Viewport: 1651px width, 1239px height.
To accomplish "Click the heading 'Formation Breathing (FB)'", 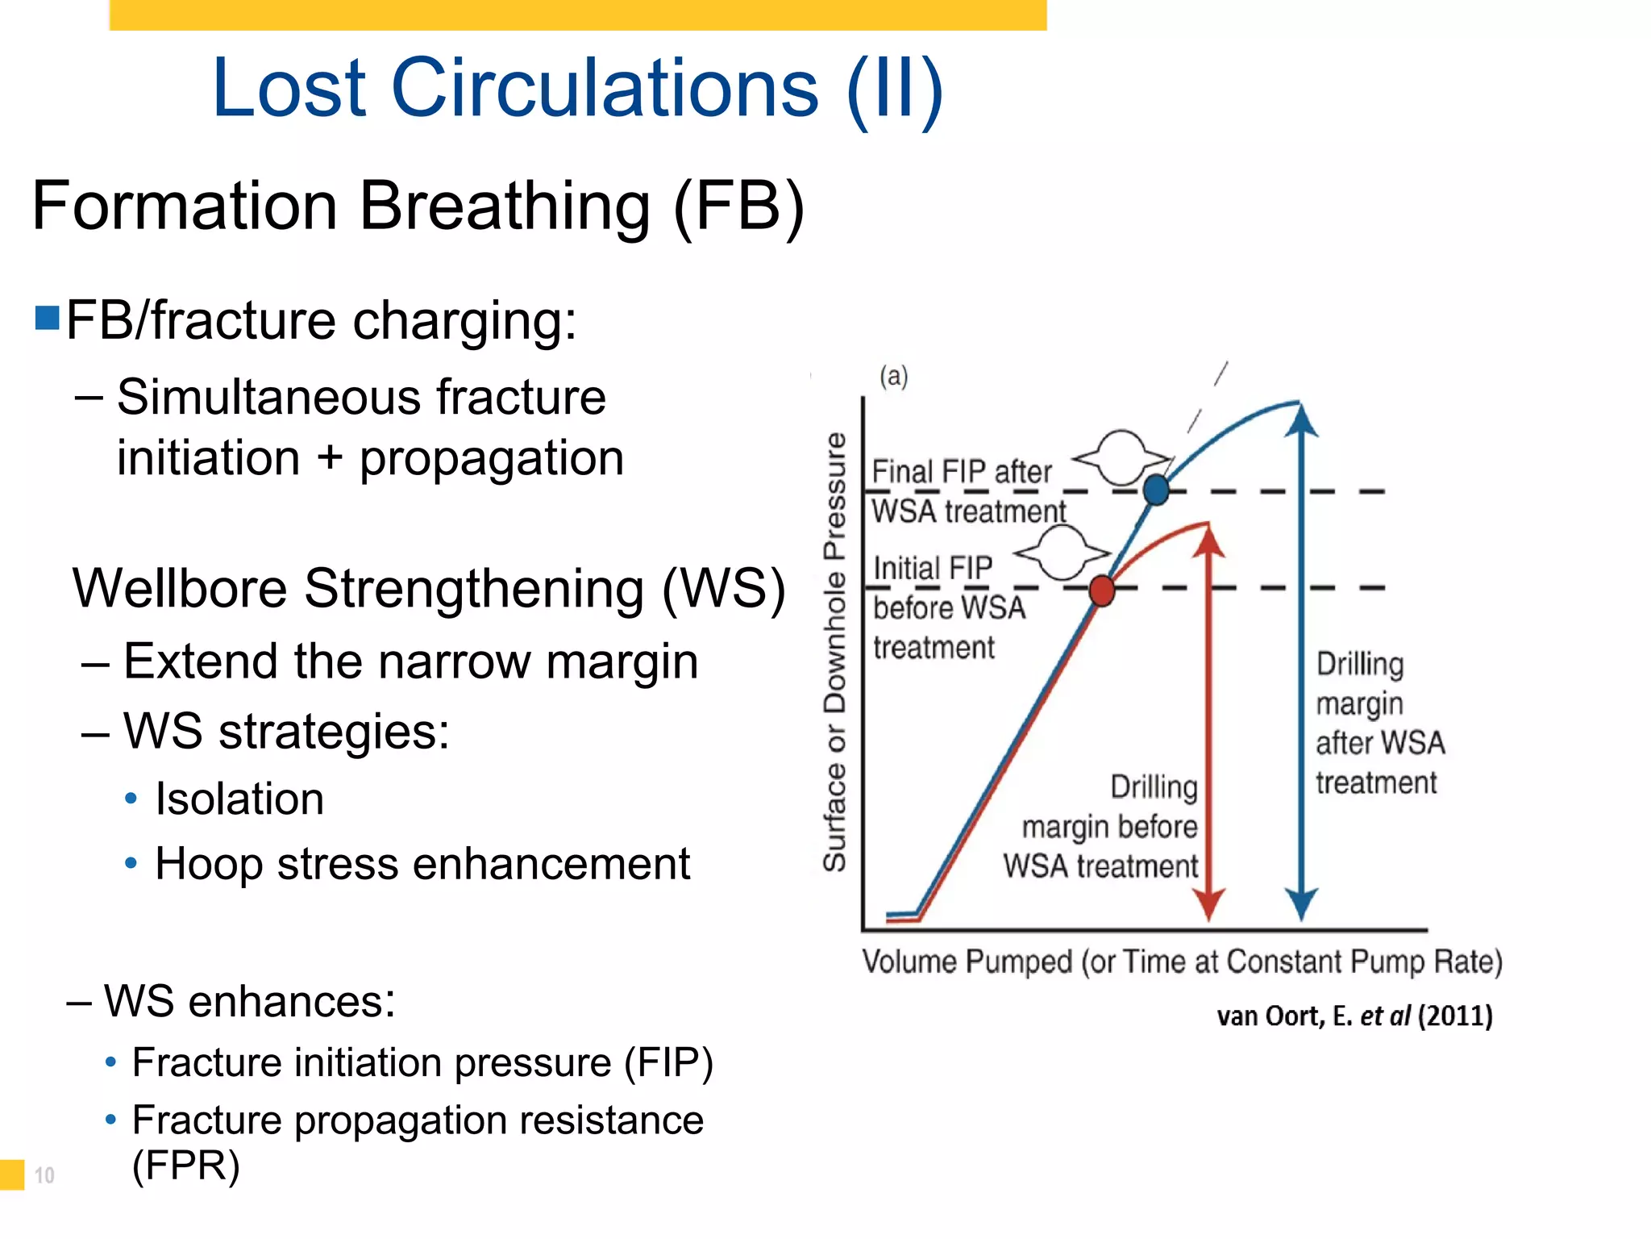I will (x=418, y=206).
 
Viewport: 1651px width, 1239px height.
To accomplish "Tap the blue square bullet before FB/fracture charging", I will (x=48, y=319).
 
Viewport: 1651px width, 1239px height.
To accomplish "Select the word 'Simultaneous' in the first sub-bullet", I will (x=269, y=397).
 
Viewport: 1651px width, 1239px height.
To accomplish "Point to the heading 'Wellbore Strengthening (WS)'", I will (x=428, y=588).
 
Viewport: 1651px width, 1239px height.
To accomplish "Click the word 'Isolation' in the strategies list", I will (x=239, y=799).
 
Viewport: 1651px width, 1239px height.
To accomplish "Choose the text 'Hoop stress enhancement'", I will (x=422, y=864).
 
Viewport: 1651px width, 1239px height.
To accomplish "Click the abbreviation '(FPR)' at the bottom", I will (x=186, y=1166).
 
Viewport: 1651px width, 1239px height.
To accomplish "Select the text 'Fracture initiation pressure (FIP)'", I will (x=422, y=1062).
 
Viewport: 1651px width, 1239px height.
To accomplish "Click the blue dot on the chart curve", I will (x=1156, y=490).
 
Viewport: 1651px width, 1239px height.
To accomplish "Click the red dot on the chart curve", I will (x=1101, y=590).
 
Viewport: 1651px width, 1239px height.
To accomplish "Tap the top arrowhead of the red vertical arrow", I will (x=1208, y=540).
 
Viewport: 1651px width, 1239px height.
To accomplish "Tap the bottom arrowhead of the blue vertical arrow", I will (x=1300, y=903).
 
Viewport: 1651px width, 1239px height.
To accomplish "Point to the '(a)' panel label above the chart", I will (x=893, y=376).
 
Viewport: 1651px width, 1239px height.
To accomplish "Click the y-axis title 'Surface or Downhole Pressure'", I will (x=835, y=652).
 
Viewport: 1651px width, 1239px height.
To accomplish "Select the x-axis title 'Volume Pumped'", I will (x=967, y=962).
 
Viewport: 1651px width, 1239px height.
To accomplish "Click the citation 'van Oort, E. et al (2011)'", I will (x=1354, y=1016).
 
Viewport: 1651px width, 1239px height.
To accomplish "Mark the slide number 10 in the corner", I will (x=44, y=1175).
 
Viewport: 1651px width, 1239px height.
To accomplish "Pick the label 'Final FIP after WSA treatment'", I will (x=967, y=491).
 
